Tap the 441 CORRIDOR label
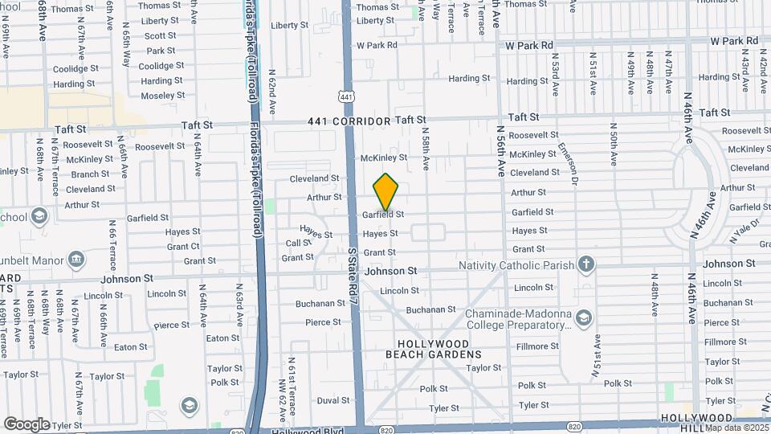(x=349, y=121)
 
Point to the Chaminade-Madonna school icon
(x=585, y=319)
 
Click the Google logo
(x=27, y=424)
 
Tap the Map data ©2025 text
(x=736, y=428)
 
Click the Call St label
(x=298, y=244)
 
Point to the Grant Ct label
(x=184, y=247)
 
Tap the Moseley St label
(x=162, y=96)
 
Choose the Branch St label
(x=90, y=174)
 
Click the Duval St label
(x=333, y=400)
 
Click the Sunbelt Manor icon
(x=76, y=259)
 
